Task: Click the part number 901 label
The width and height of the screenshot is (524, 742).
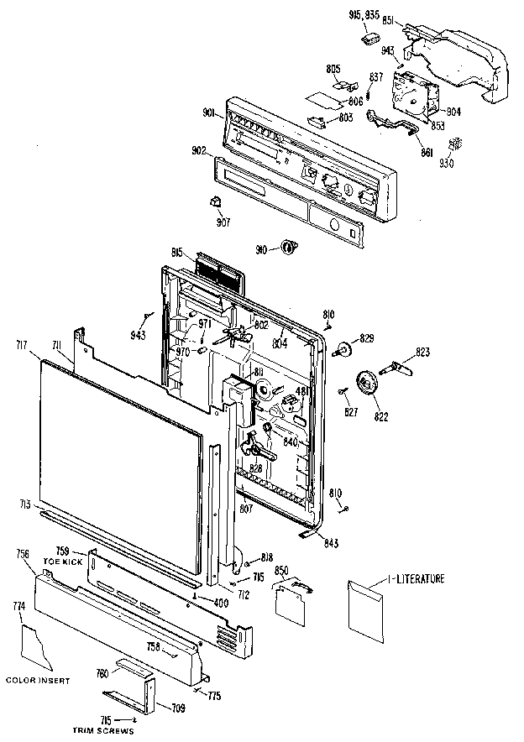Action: (x=210, y=114)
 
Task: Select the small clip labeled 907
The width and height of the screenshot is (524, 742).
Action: (x=215, y=201)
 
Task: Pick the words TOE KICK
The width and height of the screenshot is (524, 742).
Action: (x=65, y=561)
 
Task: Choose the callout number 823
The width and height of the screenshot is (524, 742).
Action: (x=422, y=353)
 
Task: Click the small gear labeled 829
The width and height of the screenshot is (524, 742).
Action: (x=344, y=347)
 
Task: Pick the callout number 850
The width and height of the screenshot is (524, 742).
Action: (x=282, y=571)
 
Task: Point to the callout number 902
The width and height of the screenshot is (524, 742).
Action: (x=200, y=151)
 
